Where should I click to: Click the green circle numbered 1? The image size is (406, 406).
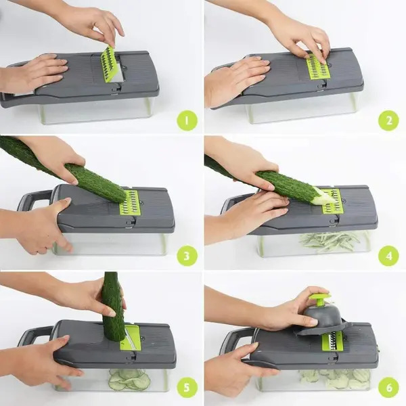(x=187, y=122)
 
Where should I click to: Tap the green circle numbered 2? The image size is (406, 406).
(x=389, y=122)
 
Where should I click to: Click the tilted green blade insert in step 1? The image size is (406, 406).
(x=110, y=63)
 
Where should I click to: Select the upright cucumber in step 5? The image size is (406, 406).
(x=113, y=304)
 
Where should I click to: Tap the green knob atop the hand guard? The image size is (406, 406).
(x=320, y=298)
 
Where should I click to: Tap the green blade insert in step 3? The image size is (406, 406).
(x=131, y=202)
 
